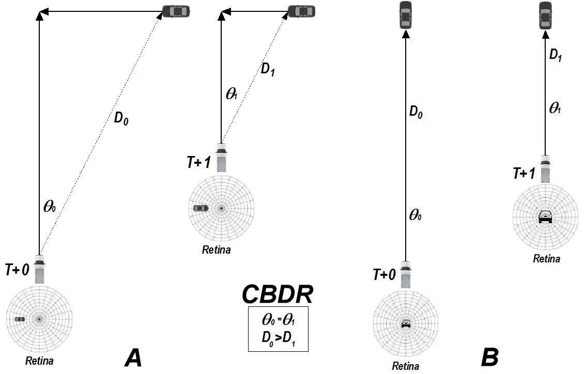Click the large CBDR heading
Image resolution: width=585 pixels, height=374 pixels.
click(x=278, y=294)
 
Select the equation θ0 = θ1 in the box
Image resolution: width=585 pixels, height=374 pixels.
click(x=278, y=320)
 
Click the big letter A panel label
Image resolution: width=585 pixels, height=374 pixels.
click(x=133, y=357)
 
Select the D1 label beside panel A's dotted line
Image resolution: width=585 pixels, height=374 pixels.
click(x=267, y=70)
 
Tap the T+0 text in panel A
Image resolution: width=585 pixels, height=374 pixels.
click(x=17, y=270)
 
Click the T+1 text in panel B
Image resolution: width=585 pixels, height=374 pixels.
click(x=524, y=173)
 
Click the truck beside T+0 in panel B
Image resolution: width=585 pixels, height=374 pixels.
click(x=406, y=274)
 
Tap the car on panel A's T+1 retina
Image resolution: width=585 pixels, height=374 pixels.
click(x=201, y=208)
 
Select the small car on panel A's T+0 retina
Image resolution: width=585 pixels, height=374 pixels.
click(x=20, y=320)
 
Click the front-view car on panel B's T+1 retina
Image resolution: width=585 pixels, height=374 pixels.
click(x=545, y=216)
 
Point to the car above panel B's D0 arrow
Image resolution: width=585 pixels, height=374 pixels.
click(x=406, y=15)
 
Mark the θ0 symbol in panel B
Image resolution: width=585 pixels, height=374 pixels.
click(x=415, y=215)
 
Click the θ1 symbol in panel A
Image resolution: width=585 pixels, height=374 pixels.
click(x=232, y=94)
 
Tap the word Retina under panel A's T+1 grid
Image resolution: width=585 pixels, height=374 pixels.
click(x=216, y=250)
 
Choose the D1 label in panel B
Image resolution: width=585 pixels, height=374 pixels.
click(x=556, y=56)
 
